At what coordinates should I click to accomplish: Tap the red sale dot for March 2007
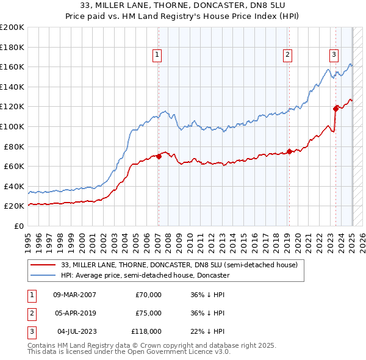coord(159,156)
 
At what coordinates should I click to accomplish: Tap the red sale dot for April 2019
coord(289,151)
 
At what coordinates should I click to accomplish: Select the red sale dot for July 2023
coord(335,109)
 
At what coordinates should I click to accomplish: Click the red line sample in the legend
coord(43,265)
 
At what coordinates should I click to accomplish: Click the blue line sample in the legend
coord(43,275)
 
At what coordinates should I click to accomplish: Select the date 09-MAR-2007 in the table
coord(74,295)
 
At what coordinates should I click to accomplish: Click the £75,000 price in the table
coord(148,313)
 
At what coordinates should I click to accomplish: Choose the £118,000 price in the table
coord(146,331)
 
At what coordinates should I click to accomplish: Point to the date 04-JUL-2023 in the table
coord(74,331)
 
